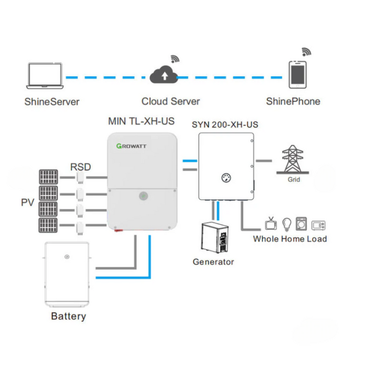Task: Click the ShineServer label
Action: point(52,101)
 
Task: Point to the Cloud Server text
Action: point(170,101)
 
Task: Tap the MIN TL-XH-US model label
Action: point(141,121)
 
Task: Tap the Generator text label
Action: point(213,261)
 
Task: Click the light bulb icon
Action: point(287,224)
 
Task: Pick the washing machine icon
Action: point(302,224)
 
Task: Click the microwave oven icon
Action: point(318,225)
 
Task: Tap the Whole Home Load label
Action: point(290,239)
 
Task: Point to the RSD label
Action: point(81,167)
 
